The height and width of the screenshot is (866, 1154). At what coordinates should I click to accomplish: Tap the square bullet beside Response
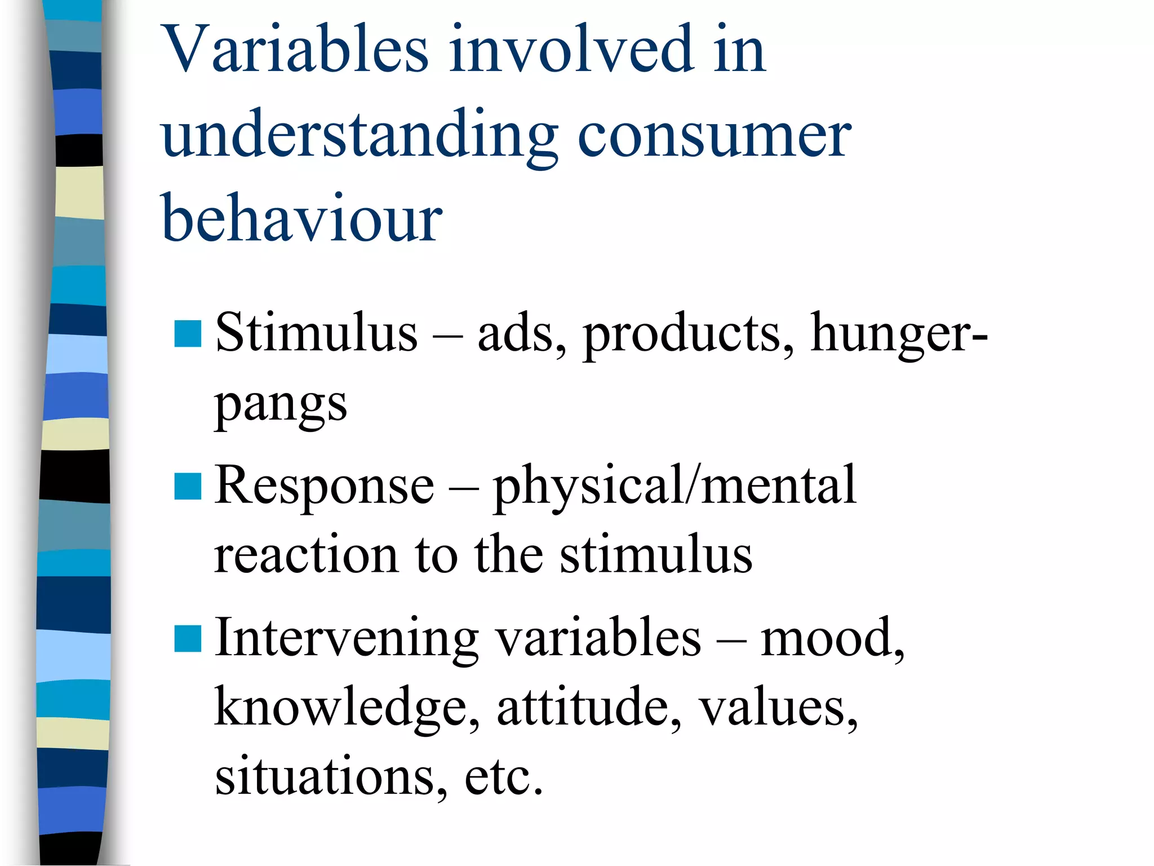188,487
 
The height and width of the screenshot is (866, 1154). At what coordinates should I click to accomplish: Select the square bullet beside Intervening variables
188,639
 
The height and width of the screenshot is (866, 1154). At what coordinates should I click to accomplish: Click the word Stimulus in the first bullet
316,333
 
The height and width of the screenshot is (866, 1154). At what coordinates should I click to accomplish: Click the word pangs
280,406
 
